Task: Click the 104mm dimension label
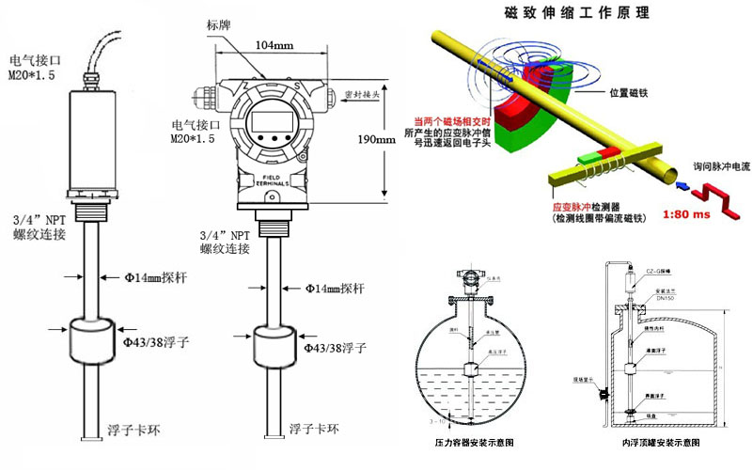coord(272,44)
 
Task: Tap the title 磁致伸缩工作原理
coord(577,15)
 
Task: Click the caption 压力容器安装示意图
coord(478,442)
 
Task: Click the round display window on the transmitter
coord(266,125)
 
